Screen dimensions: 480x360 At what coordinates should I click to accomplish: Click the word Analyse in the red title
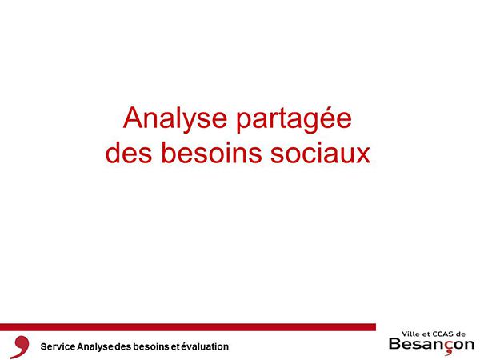[x=174, y=119]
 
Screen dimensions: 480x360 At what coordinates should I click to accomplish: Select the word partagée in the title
[x=294, y=119]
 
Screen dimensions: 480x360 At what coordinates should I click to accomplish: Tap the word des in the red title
[x=129, y=152]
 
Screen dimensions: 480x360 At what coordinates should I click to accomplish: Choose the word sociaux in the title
[x=321, y=152]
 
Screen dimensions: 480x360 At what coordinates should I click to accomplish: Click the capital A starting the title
[x=134, y=118]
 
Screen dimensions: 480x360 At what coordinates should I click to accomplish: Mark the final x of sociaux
[x=363, y=155]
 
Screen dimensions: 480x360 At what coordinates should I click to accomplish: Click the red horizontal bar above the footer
[x=188, y=327]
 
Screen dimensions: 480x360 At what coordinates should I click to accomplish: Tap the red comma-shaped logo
[x=20, y=346]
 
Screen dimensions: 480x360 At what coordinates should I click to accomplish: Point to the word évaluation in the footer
[x=205, y=346]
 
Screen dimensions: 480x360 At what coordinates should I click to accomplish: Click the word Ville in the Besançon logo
[x=410, y=334]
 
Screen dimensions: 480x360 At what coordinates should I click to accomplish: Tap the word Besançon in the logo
[x=432, y=344]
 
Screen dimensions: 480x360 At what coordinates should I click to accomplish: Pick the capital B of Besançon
[x=395, y=343]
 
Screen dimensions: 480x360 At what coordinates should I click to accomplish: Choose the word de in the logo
[x=462, y=334]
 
